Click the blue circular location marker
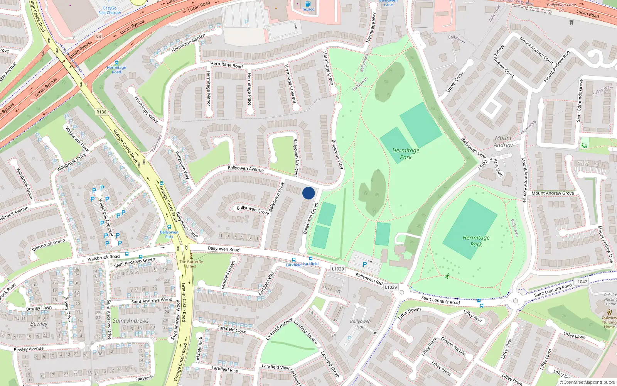coord(308,193)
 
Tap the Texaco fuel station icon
coord(308,4)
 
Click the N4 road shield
coord(98,37)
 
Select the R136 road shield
coord(101,112)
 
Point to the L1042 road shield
coord(581,282)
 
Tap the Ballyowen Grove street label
coord(253,210)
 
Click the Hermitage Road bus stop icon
coord(116,63)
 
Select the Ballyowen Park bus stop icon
coord(169,227)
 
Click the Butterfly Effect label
coord(191,264)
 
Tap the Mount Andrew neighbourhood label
coord(503,141)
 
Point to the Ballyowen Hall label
coord(360,324)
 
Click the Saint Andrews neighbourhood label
coord(131,321)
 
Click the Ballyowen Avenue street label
coord(246,169)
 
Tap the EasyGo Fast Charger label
coord(110,10)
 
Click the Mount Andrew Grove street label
coord(553,193)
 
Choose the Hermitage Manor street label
coord(209,88)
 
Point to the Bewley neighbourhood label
coord(39,324)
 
